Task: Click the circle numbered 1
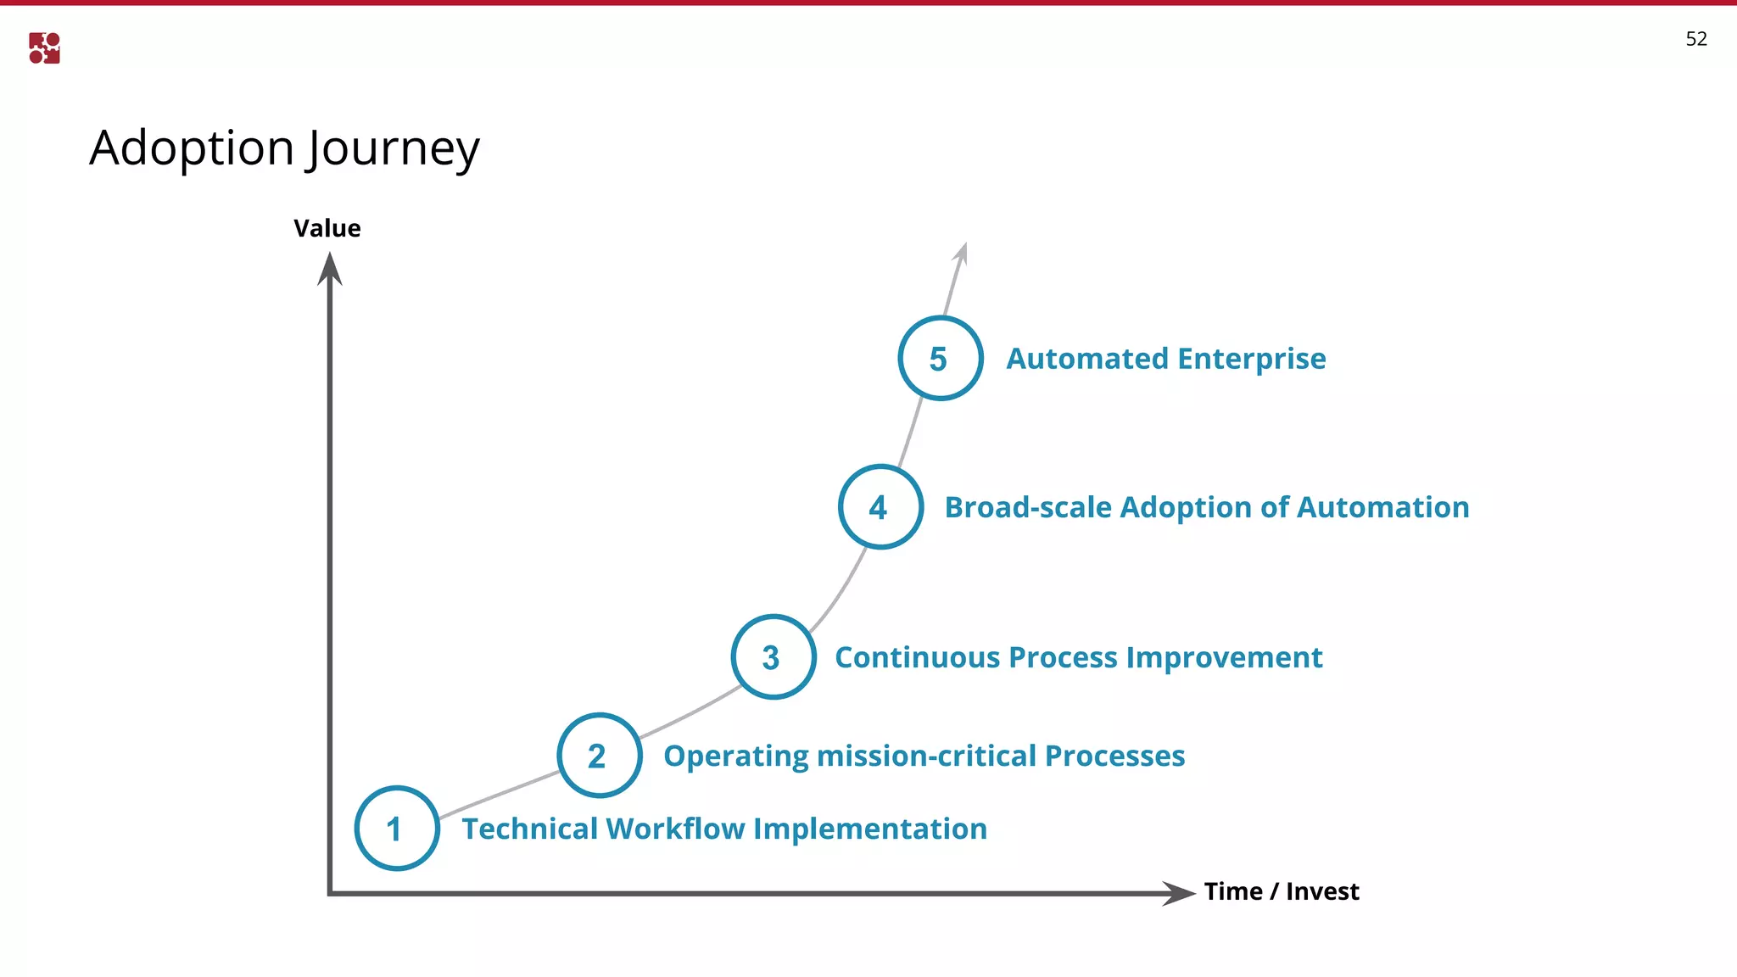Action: [x=397, y=829]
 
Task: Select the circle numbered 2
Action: [x=599, y=756]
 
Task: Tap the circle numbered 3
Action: [x=773, y=657]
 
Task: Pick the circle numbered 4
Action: [x=880, y=507]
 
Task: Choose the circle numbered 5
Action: [x=940, y=359]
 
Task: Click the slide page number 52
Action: [x=1695, y=39]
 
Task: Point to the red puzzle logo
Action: [x=44, y=48]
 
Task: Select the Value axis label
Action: [x=327, y=228]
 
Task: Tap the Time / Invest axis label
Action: [x=1281, y=891]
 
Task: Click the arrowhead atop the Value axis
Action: [x=329, y=270]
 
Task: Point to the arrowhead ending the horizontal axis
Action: [x=1178, y=893]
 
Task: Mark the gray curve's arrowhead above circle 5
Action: [x=962, y=253]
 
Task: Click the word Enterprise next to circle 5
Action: [x=1251, y=360]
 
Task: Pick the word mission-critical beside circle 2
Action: [x=926, y=756]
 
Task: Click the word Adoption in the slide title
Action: [x=192, y=149]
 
